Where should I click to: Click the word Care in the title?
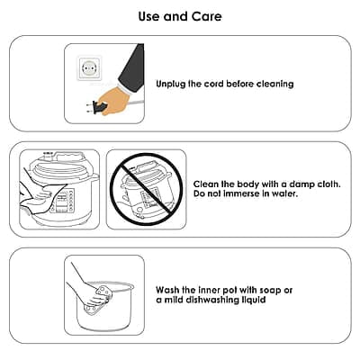point(207,16)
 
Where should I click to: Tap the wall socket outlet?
point(89,68)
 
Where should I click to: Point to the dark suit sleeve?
point(132,68)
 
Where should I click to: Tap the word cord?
point(214,84)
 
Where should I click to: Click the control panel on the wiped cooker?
point(63,201)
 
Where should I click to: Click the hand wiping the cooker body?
point(42,196)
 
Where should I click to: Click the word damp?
point(301,184)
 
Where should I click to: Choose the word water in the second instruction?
point(285,193)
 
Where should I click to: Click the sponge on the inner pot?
point(96,300)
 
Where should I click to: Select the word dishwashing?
point(212,300)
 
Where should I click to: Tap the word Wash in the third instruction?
point(167,290)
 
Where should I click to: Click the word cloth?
point(328,184)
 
